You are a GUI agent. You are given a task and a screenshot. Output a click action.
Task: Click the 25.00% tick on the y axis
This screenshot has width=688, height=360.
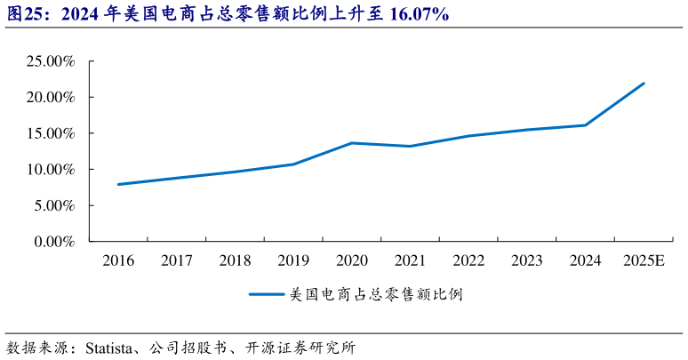pyautogui.click(x=51, y=61)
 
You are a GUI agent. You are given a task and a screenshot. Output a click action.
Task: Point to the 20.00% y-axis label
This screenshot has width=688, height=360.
pyautogui.click(x=51, y=98)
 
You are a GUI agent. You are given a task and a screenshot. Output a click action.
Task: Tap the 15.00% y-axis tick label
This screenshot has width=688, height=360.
pyautogui.click(x=51, y=133)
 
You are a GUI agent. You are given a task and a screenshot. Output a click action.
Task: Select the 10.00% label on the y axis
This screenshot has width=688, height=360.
pyautogui.click(x=51, y=170)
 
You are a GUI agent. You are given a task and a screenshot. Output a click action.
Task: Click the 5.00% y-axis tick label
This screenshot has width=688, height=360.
pyautogui.click(x=54, y=205)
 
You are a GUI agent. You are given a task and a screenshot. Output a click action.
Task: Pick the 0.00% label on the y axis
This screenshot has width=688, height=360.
pyautogui.click(x=54, y=242)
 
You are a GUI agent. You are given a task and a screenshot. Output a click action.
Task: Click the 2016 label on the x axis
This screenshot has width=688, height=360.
pyautogui.click(x=118, y=260)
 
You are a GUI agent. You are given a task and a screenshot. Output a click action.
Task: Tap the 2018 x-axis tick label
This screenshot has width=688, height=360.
pyautogui.click(x=235, y=260)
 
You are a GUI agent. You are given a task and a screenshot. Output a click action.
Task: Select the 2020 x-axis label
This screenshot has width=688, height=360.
pyautogui.click(x=351, y=260)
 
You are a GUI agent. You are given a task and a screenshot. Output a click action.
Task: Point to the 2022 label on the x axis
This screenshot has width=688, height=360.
pyautogui.click(x=468, y=260)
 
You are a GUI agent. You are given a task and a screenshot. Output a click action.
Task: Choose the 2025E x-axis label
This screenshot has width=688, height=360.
pyautogui.click(x=644, y=260)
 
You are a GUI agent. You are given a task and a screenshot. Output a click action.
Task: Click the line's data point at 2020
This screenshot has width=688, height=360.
pyautogui.click(x=351, y=143)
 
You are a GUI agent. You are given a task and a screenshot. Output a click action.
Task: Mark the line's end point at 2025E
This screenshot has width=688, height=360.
pyautogui.click(x=644, y=84)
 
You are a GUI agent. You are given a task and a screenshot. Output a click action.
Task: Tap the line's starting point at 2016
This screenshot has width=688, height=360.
pyautogui.click(x=118, y=184)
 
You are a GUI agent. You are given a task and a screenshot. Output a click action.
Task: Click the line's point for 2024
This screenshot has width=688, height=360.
pyautogui.click(x=585, y=125)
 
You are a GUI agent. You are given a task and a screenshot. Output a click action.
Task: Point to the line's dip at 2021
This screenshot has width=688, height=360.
pyautogui.click(x=410, y=146)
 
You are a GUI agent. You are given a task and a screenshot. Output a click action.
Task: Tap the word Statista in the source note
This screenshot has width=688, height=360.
pyautogui.click(x=111, y=348)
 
